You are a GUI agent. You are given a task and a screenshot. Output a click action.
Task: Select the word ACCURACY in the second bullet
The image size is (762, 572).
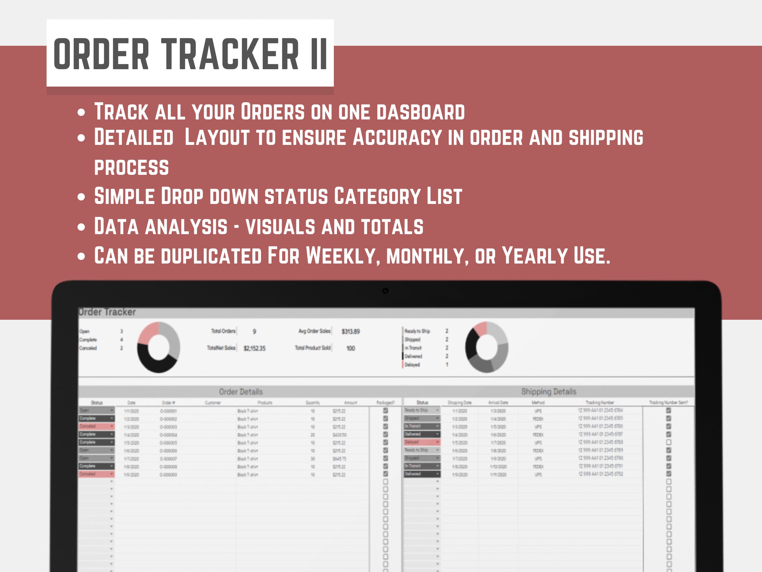tap(397, 137)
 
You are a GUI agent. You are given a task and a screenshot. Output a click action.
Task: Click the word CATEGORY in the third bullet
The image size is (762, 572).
tap(377, 196)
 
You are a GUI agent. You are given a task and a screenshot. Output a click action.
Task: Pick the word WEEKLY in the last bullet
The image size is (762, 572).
tap(343, 256)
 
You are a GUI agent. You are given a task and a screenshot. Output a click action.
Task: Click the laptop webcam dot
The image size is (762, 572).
tap(386, 291)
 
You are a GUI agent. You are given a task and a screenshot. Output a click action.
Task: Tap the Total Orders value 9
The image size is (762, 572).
tap(254, 331)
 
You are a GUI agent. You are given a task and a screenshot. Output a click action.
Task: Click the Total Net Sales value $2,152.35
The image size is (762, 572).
tap(254, 349)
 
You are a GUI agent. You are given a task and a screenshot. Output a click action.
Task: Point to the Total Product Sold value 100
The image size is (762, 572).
tap(350, 349)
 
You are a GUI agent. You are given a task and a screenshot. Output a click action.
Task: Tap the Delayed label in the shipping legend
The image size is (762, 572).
tap(412, 364)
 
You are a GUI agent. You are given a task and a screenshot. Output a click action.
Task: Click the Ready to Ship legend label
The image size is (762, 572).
tap(417, 331)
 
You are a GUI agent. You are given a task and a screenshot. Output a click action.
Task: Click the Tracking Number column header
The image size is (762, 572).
tap(600, 402)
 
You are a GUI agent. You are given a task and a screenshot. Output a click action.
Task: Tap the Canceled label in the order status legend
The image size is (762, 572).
tap(88, 348)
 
